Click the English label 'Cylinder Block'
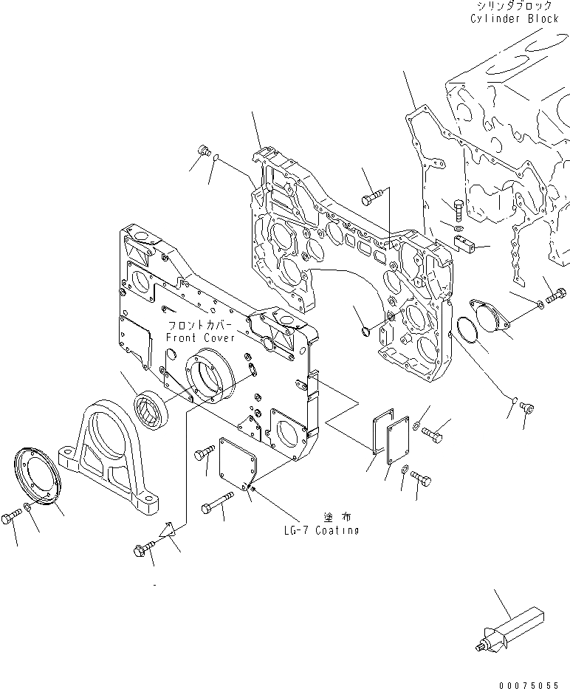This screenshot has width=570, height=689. click(x=514, y=18)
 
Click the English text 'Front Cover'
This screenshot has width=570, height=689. click(x=199, y=337)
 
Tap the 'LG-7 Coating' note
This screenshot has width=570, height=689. click(x=320, y=530)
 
